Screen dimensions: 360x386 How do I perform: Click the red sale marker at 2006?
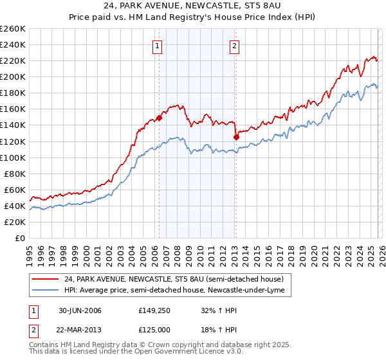(159, 118)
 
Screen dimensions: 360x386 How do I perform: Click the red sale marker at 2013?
(235, 137)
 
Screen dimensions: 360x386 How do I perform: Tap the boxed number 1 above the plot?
(158, 46)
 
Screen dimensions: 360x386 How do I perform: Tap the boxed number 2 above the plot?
(235, 46)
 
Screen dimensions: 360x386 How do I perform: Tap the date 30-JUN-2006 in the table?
(80, 310)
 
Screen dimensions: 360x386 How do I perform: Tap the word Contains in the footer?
(44, 346)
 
